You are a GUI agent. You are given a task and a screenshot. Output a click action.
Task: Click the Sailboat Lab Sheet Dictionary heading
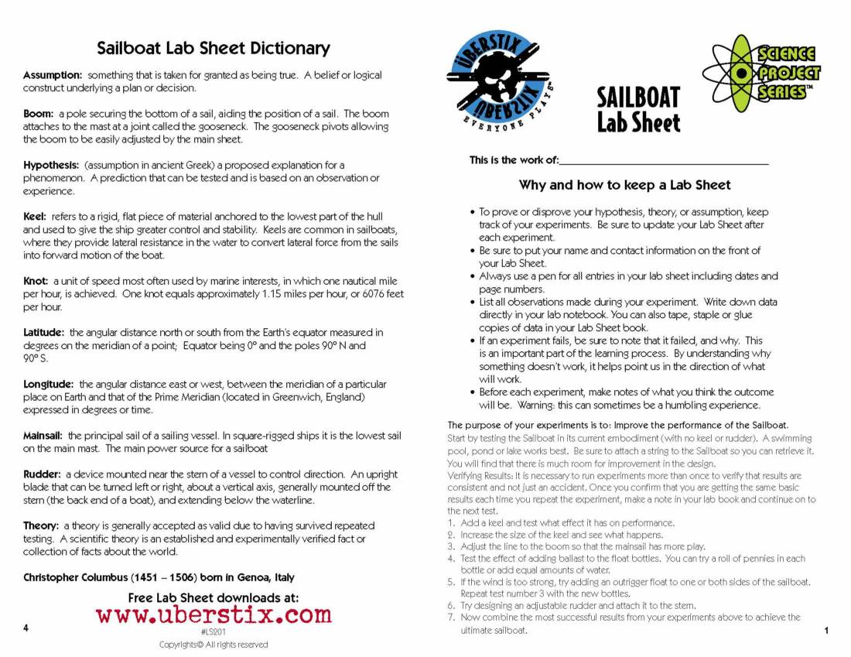point(213,48)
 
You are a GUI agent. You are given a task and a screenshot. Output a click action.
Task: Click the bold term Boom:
point(39,114)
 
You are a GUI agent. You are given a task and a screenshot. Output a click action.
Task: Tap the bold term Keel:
point(36,217)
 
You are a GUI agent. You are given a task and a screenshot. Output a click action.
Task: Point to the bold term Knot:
point(36,281)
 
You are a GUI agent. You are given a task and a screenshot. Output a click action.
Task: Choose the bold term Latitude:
point(43,333)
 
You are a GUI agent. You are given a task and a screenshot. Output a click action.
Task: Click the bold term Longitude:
point(48,384)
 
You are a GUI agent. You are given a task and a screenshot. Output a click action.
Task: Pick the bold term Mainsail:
point(44,436)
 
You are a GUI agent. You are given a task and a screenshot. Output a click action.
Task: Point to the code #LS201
point(213,631)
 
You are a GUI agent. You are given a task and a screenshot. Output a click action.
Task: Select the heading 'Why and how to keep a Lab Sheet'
point(624,185)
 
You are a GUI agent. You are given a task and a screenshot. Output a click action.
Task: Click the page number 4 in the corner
point(26,628)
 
